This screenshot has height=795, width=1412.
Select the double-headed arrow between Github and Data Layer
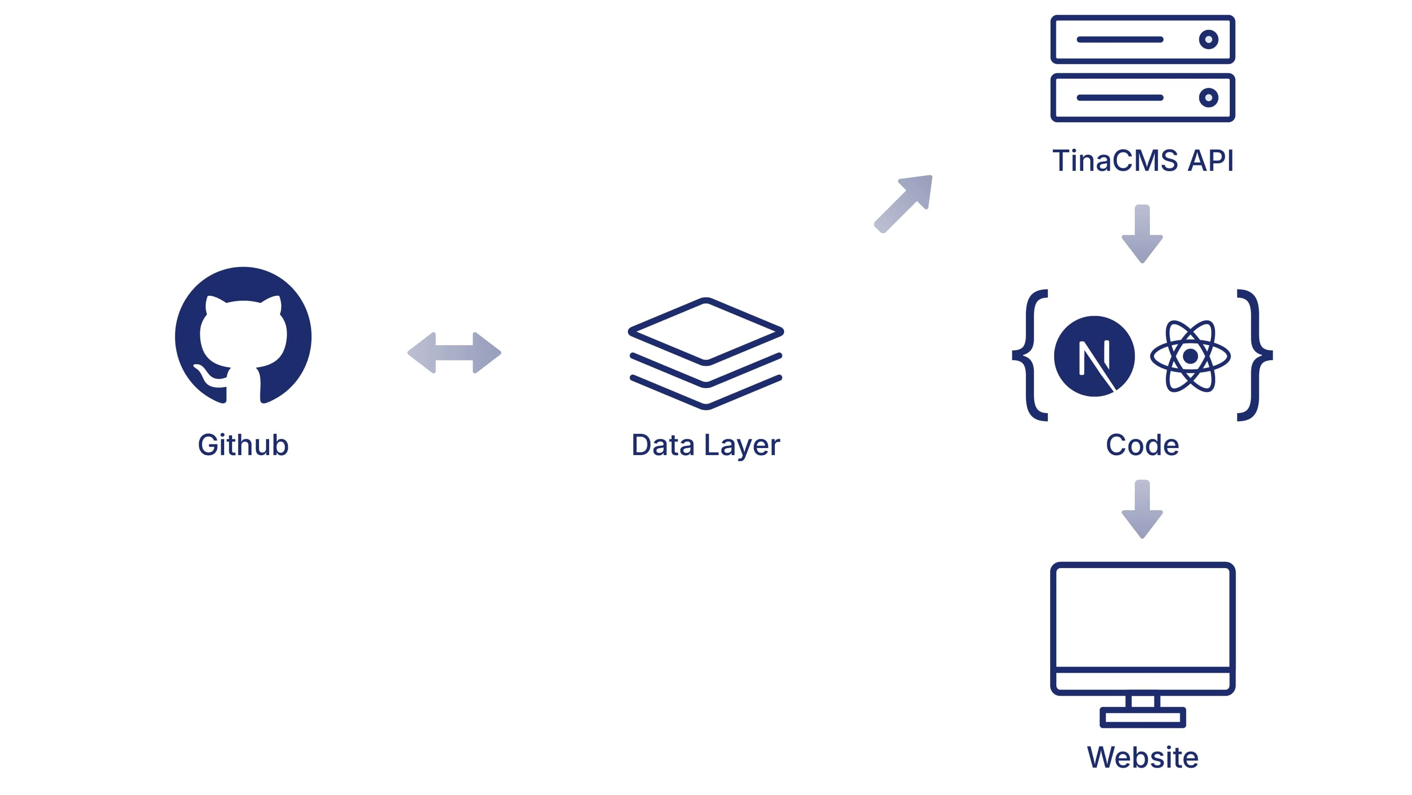[454, 353]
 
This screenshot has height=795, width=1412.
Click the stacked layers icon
[706, 353]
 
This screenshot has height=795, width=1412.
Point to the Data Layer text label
[706, 445]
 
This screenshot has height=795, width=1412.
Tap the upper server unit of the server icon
[1142, 39]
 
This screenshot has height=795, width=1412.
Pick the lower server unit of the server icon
[1142, 98]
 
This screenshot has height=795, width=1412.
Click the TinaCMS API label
[1142, 161]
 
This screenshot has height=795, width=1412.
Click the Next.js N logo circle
[1094, 356]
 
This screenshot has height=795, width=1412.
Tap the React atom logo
[1190, 356]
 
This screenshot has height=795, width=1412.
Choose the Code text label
[1142, 445]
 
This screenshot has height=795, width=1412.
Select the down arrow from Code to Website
[1142, 509]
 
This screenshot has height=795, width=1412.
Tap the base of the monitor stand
[1142, 718]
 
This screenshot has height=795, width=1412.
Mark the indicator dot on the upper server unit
[1208, 39]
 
